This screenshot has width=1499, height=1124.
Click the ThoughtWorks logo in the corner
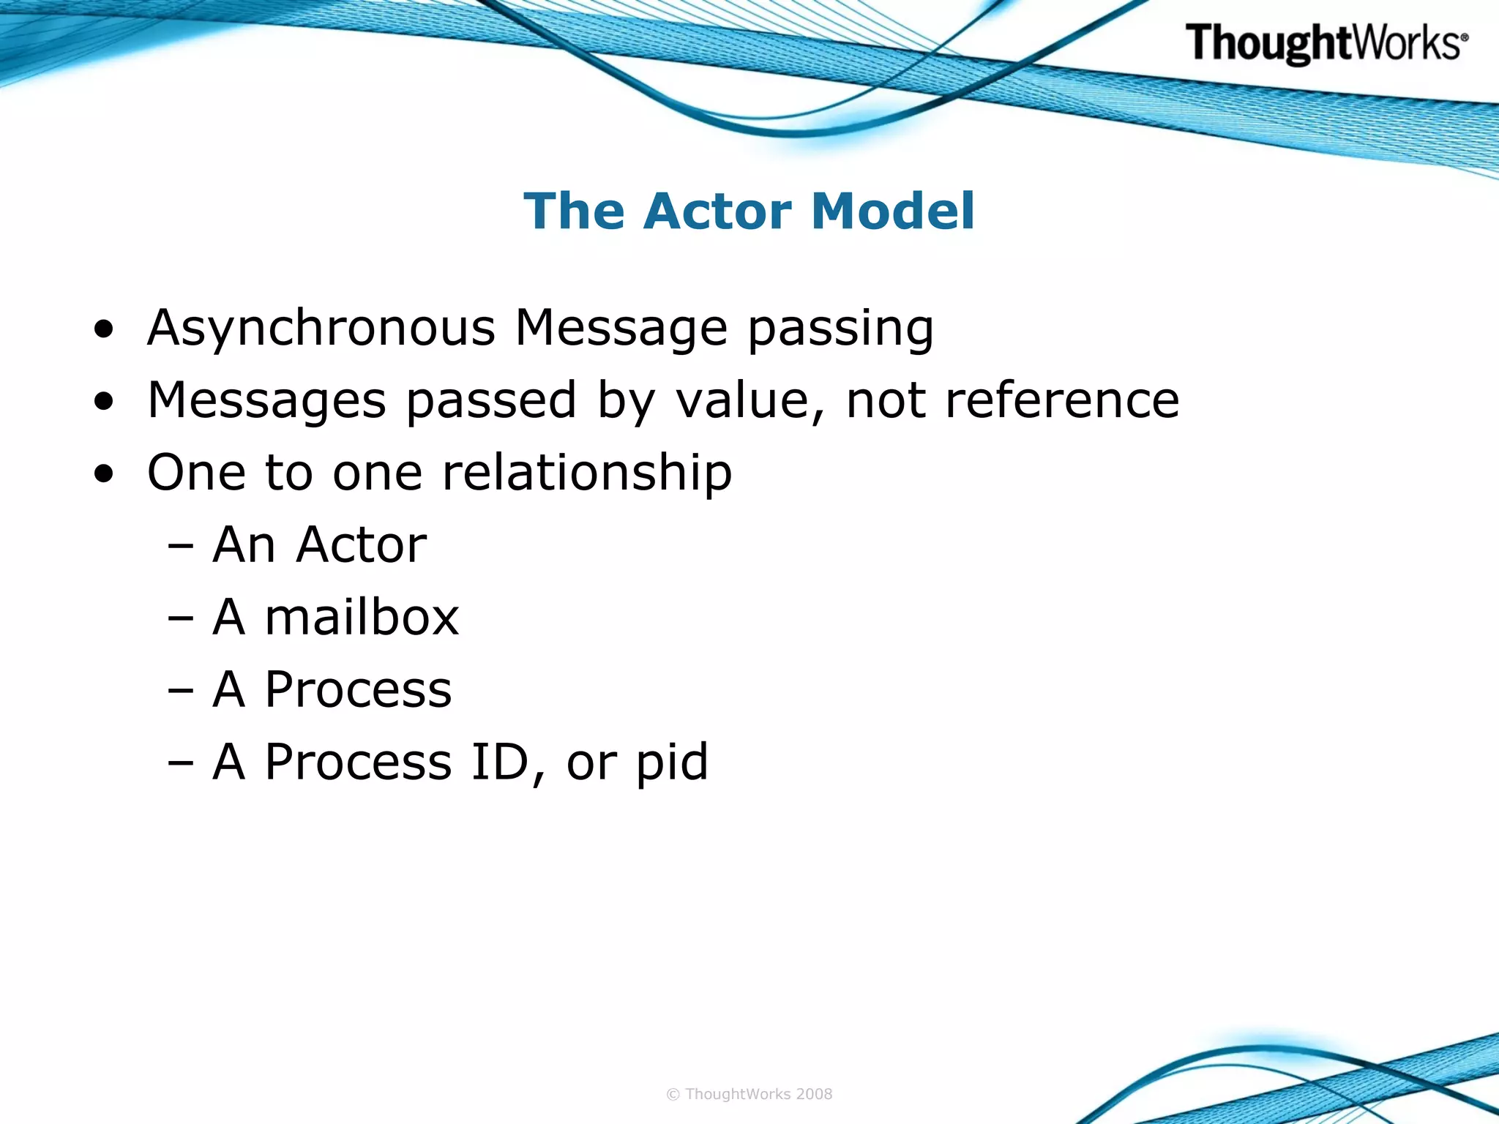pos(1326,43)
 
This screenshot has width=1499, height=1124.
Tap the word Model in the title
pos(893,211)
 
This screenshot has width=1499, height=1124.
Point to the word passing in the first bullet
pos(840,329)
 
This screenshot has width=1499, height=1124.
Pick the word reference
pos(1062,400)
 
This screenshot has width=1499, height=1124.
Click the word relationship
pos(587,473)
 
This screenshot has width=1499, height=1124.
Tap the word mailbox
pos(362,618)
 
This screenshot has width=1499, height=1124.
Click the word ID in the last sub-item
pos(499,762)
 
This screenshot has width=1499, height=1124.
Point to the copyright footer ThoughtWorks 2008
pos(749,1094)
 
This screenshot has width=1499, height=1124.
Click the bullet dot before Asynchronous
pos(104,329)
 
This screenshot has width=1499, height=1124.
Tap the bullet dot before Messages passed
pos(104,402)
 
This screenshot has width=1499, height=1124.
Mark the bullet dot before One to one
pos(104,474)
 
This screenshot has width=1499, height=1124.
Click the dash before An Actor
pos(180,546)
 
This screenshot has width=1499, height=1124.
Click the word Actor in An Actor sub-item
pos(362,545)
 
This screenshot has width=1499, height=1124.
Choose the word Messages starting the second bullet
pos(266,401)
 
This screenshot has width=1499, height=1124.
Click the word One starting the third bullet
pos(196,473)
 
